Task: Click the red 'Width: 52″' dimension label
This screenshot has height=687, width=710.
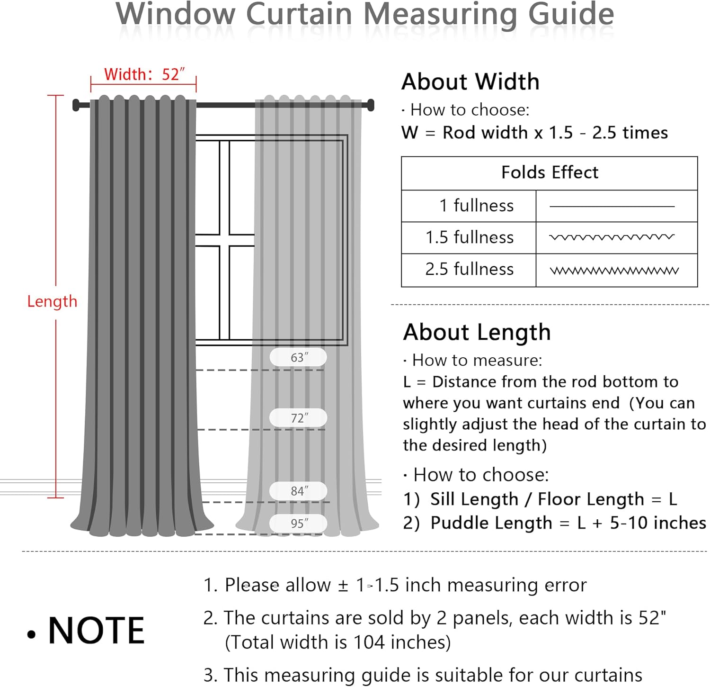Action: (144, 74)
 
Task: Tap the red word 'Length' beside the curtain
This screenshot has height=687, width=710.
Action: (52, 301)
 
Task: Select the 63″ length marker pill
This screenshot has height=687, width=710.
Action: (298, 357)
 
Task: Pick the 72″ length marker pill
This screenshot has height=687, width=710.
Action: (298, 418)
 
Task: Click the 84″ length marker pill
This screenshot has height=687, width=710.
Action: (298, 491)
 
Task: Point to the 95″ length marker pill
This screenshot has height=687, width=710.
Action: (298, 524)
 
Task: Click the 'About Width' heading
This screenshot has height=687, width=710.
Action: (470, 82)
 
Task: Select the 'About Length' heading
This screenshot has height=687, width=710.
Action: (477, 332)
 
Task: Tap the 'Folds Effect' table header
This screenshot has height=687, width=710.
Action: (550, 172)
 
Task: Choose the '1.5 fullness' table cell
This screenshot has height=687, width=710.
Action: (469, 237)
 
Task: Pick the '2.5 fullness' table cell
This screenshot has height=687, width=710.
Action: (469, 269)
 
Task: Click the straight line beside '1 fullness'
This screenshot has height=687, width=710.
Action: (612, 207)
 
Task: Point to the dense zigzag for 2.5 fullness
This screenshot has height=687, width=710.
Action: (614, 271)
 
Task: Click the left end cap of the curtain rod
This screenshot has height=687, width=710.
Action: (76, 105)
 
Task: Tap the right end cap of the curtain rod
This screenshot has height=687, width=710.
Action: (371, 105)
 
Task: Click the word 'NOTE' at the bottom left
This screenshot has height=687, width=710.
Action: (96, 631)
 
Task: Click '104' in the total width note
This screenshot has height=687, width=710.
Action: (369, 642)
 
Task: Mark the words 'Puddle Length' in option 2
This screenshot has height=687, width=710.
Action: (491, 523)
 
